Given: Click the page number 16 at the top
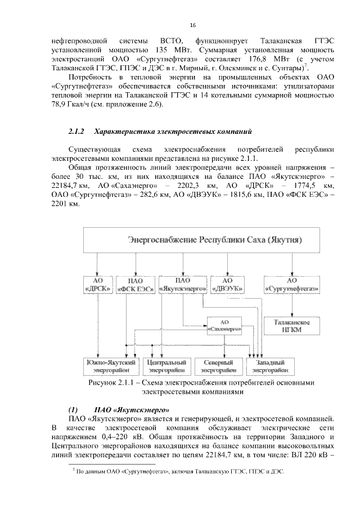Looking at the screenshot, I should tap(192, 25).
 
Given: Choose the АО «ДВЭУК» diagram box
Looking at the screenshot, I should tap(227, 285).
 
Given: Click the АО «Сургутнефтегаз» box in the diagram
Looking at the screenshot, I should tap(292, 285).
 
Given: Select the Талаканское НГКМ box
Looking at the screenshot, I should tap(292, 326).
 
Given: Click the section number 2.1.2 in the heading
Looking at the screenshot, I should tap(75, 132).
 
